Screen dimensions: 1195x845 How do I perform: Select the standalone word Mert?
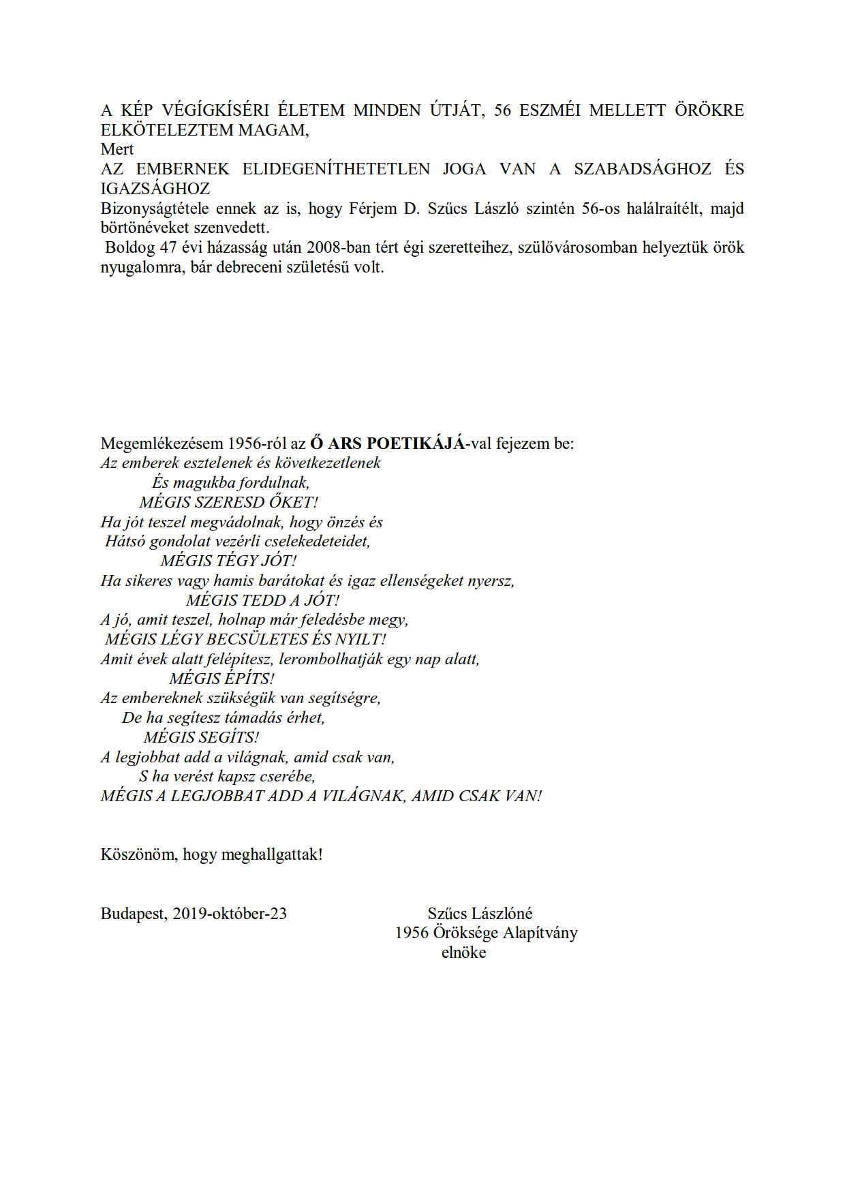pyautogui.click(x=117, y=149)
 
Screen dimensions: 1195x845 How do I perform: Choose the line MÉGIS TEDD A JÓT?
pyautogui.click(x=262, y=601)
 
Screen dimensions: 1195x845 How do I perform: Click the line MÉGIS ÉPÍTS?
pyautogui.click(x=221, y=679)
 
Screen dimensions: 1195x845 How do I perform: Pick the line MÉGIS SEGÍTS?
pyautogui.click(x=201, y=738)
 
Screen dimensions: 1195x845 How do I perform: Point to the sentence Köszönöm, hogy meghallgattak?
pyautogui.click(x=211, y=854)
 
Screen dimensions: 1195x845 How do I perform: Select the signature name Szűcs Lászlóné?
pyautogui.click(x=480, y=914)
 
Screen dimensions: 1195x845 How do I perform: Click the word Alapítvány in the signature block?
pyautogui.click(x=540, y=933)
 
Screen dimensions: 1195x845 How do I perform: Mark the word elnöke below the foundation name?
pyautogui.click(x=463, y=952)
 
